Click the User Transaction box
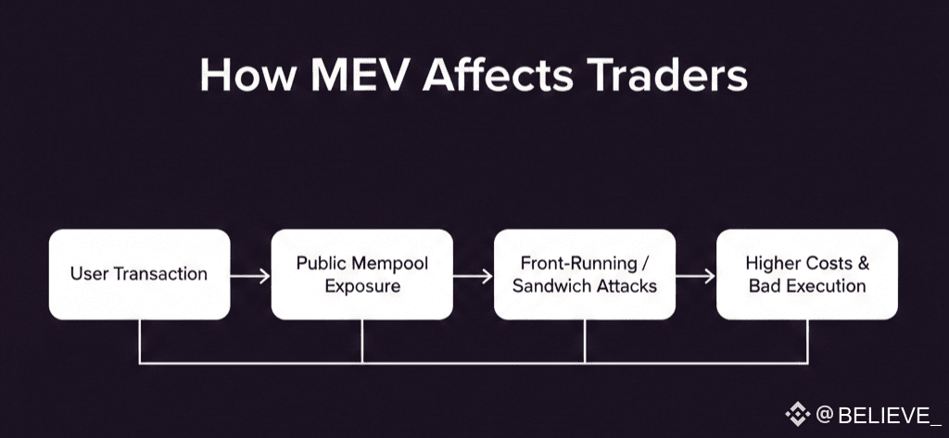click(x=139, y=274)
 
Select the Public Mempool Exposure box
click(x=361, y=274)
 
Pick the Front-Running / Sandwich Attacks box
click(x=584, y=274)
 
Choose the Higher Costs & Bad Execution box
click(x=806, y=274)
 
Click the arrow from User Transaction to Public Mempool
click(x=250, y=275)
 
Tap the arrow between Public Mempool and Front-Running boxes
click(x=473, y=275)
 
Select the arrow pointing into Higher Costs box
click(x=696, y=275)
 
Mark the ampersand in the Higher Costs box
click(x=862, y=264)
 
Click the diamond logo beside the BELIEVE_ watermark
click(x=797, y=413)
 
